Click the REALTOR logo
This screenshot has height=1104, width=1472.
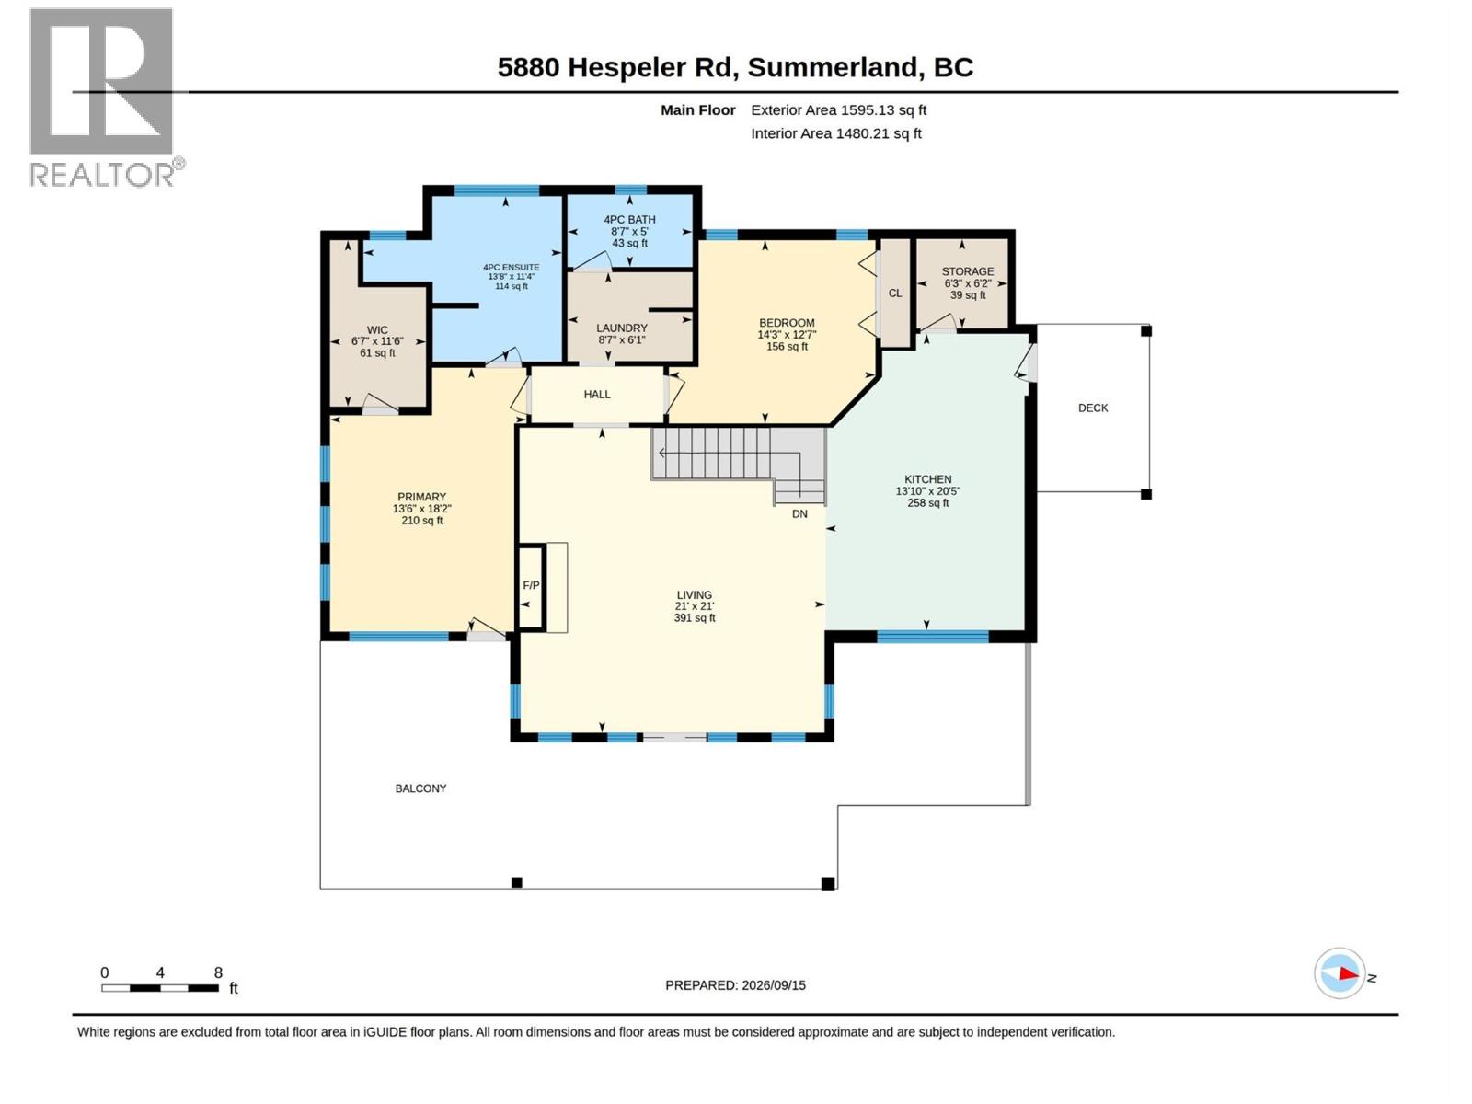point(105,98)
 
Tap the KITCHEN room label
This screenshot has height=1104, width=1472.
point(927,479)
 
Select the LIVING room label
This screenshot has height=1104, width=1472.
point(694,594)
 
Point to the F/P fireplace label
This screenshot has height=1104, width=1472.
point(531,585)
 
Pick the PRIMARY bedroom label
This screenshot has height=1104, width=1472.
point(421,497)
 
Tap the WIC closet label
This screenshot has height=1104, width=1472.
point(377,329)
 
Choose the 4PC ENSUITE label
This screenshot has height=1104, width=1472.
point(511,267)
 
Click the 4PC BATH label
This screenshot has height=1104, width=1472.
point(629,219)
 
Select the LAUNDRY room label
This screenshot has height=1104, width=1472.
point(622,328)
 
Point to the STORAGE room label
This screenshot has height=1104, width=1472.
point(967,271)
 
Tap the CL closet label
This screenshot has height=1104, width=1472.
point(894,293)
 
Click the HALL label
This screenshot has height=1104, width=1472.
point(597,394)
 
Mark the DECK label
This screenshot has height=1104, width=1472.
point(1092,408)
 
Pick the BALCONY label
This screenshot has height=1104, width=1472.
point(420,788)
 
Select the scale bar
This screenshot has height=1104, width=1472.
point(160,988)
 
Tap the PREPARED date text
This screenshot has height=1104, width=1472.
point(735,985)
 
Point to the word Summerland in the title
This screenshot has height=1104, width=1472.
point(832,67)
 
